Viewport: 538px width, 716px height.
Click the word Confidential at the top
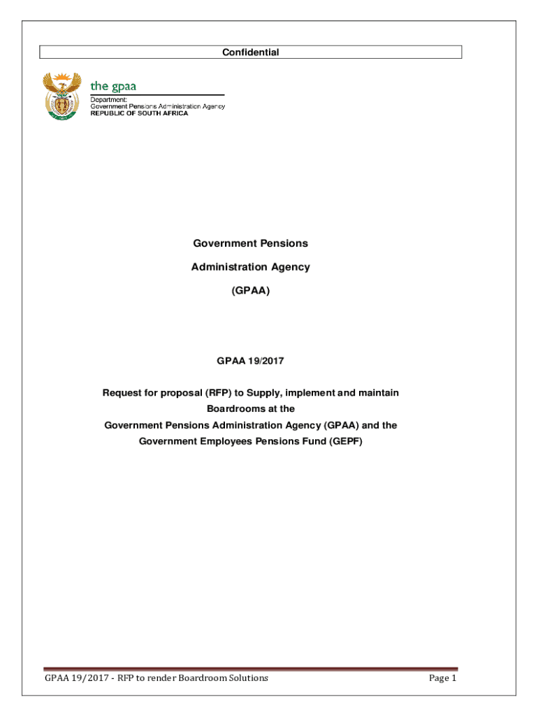point(250,52)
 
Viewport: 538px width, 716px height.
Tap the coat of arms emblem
point(61,96)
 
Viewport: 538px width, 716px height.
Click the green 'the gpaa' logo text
point(113,86)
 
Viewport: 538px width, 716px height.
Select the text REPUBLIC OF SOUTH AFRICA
point(139,113)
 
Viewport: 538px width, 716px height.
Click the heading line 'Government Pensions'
point(250,243)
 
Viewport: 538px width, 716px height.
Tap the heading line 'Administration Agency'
point(250,266)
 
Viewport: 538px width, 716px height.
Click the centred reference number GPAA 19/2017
point(250,361)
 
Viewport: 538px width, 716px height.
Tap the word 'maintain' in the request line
point(378,393)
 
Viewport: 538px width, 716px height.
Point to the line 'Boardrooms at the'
point(250,408)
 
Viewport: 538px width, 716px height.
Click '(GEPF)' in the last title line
point(344,441)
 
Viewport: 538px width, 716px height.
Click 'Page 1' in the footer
point(442,678)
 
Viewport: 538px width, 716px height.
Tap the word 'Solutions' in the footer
point(247,678)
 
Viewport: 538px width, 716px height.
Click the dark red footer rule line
point(250,668)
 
